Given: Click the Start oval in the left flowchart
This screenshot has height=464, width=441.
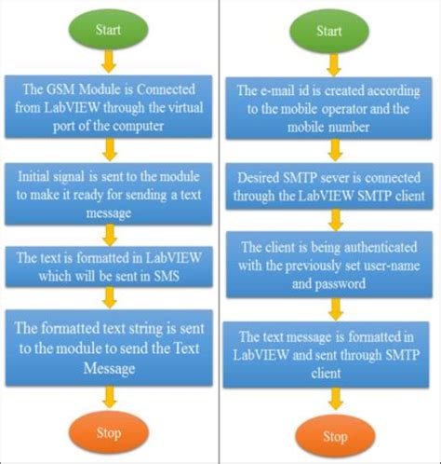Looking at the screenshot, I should [110, 28].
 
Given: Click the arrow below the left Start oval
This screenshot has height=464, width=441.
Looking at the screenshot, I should [110, 61].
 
